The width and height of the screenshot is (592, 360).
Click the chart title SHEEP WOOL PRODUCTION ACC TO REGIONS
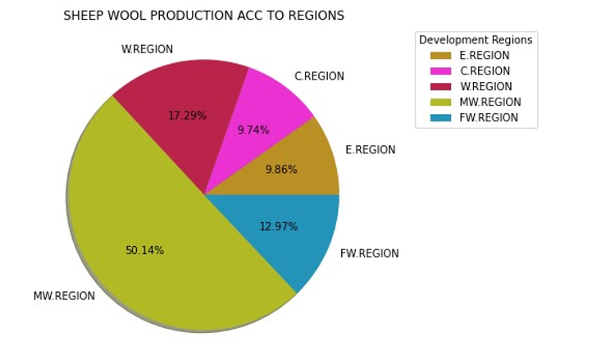203,16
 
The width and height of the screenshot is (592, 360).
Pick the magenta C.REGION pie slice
271,107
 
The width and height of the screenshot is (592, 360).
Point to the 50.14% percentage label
144,250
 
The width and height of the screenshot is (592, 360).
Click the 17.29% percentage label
187,116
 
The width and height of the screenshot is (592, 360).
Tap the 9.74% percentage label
253,130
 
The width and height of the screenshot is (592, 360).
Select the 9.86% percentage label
280,170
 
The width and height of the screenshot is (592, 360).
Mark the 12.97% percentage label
278,226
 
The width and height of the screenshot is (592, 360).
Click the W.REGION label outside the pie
147,49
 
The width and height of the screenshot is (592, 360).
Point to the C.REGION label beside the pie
319,76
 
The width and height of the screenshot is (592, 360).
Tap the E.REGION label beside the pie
370,150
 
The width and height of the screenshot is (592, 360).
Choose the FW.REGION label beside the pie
369,253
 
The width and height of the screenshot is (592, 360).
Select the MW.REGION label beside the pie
64,296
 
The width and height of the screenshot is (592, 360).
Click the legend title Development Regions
475,39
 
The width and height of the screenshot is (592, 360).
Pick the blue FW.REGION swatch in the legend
439,117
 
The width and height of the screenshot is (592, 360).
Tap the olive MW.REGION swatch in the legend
439,102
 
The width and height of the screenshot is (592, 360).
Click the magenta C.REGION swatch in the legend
439,71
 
